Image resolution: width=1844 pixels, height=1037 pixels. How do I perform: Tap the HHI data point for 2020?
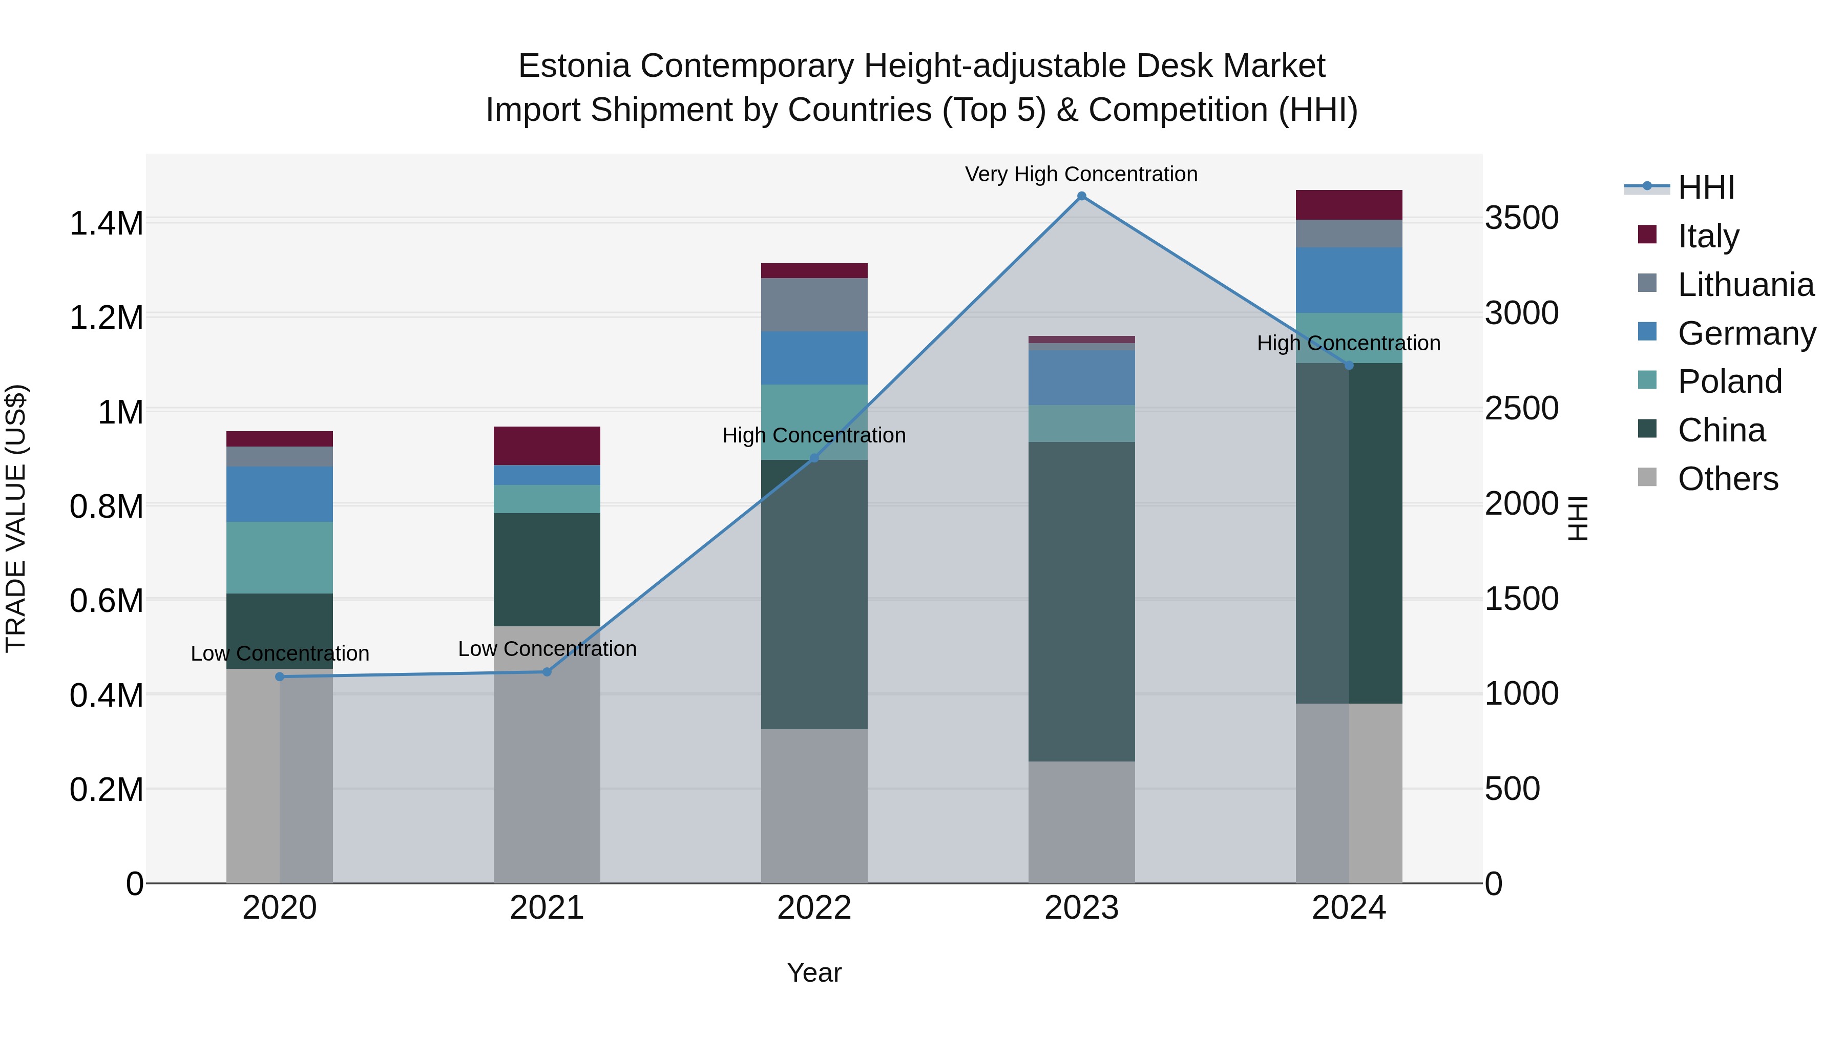280,676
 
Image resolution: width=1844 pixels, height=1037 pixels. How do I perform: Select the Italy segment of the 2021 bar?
547,446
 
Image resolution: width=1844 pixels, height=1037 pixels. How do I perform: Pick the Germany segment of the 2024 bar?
1349,280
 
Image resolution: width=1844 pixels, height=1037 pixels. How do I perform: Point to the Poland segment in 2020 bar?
280,558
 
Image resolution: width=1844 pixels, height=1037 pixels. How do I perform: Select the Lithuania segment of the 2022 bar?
814,304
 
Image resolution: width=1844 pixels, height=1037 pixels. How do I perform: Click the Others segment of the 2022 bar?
814,806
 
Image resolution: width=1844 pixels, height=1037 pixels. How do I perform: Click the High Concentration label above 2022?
814,435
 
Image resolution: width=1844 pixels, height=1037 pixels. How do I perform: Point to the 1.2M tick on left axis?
106,318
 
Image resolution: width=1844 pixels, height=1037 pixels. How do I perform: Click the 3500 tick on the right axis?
1521,218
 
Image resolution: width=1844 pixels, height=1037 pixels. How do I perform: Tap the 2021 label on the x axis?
547,908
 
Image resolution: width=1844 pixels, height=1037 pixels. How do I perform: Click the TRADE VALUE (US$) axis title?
16,518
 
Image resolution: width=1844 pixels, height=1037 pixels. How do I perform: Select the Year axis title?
814,972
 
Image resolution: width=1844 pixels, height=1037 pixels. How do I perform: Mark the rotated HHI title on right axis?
1577,518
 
